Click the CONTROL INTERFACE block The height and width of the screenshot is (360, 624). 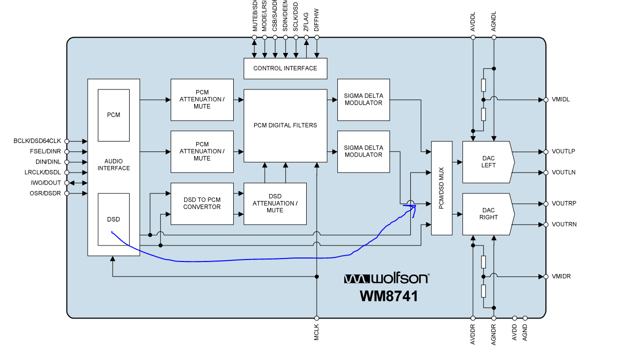[285, 68]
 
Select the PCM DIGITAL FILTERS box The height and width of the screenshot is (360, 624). [285, 125]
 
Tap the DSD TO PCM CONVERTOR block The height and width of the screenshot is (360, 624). [202, 203]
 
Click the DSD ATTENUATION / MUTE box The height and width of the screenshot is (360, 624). [275, 203]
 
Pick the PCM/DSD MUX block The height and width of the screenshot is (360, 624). [441, 188]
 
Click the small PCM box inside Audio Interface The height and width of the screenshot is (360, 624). [114, 115]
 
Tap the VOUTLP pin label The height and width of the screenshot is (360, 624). [563, 151]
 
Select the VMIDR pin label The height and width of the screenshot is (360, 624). [561, 276]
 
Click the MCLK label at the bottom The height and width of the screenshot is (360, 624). [316, 333]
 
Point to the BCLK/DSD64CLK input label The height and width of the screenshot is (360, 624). [37, 141]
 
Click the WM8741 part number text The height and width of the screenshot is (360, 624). [389, 296]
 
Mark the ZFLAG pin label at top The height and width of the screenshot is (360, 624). [306, 23]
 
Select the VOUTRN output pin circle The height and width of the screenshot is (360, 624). [546, 224]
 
